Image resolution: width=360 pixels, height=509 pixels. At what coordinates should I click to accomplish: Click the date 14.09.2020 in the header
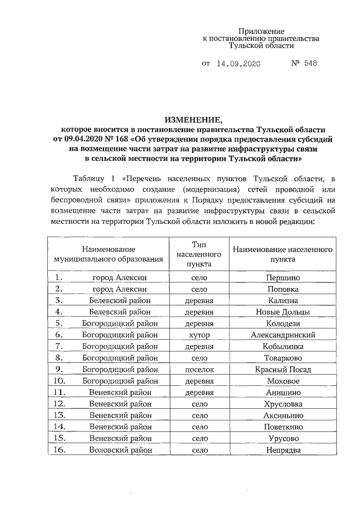click(239, 65)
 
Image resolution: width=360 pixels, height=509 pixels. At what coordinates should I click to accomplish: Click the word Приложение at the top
click(261, 31)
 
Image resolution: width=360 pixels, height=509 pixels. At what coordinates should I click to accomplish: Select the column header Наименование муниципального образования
click(108, 254)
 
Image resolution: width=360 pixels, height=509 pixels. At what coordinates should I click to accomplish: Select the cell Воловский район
click(120, 450)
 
